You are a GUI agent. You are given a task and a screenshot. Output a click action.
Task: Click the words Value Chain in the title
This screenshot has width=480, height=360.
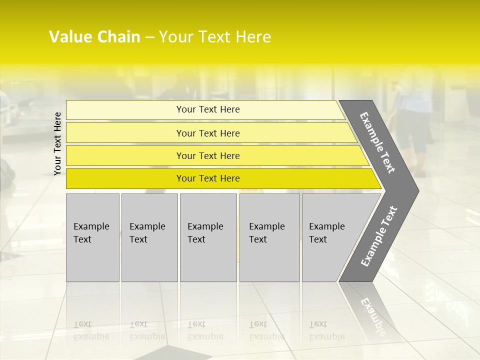click(94, 37)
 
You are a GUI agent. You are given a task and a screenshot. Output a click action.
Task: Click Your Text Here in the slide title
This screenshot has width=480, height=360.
click(215, 37)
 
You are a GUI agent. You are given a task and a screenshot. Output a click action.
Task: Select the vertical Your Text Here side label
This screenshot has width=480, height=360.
click(57, 143)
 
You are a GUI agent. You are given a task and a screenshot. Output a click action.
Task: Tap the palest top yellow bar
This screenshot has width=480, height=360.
click(208, 109)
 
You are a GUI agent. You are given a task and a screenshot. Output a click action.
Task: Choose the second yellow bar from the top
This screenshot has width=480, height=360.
click(208, 133)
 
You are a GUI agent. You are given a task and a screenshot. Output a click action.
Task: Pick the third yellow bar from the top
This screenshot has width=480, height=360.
click(208, 155)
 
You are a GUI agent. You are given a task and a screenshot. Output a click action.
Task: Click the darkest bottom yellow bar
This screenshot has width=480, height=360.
click(208, 178)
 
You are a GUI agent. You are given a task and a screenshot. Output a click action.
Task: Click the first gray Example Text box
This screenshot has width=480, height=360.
click(92, 237)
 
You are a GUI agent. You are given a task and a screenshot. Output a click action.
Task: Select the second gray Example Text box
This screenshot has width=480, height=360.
click(149, 237)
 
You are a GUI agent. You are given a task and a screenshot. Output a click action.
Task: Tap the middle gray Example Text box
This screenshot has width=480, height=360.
click(208, 237)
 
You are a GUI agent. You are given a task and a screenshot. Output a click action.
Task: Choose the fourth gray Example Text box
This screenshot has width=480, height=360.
click(269, 237)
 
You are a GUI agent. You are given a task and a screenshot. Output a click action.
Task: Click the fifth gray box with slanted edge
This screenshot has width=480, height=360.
click(330, 237)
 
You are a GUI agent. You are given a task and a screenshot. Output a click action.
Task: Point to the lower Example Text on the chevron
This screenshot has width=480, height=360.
click(379, 236)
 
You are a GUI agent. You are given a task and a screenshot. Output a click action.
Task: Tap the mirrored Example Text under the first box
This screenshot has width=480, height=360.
click(91, 330)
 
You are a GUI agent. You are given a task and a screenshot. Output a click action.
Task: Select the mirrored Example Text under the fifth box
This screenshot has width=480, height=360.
click(326, 330)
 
